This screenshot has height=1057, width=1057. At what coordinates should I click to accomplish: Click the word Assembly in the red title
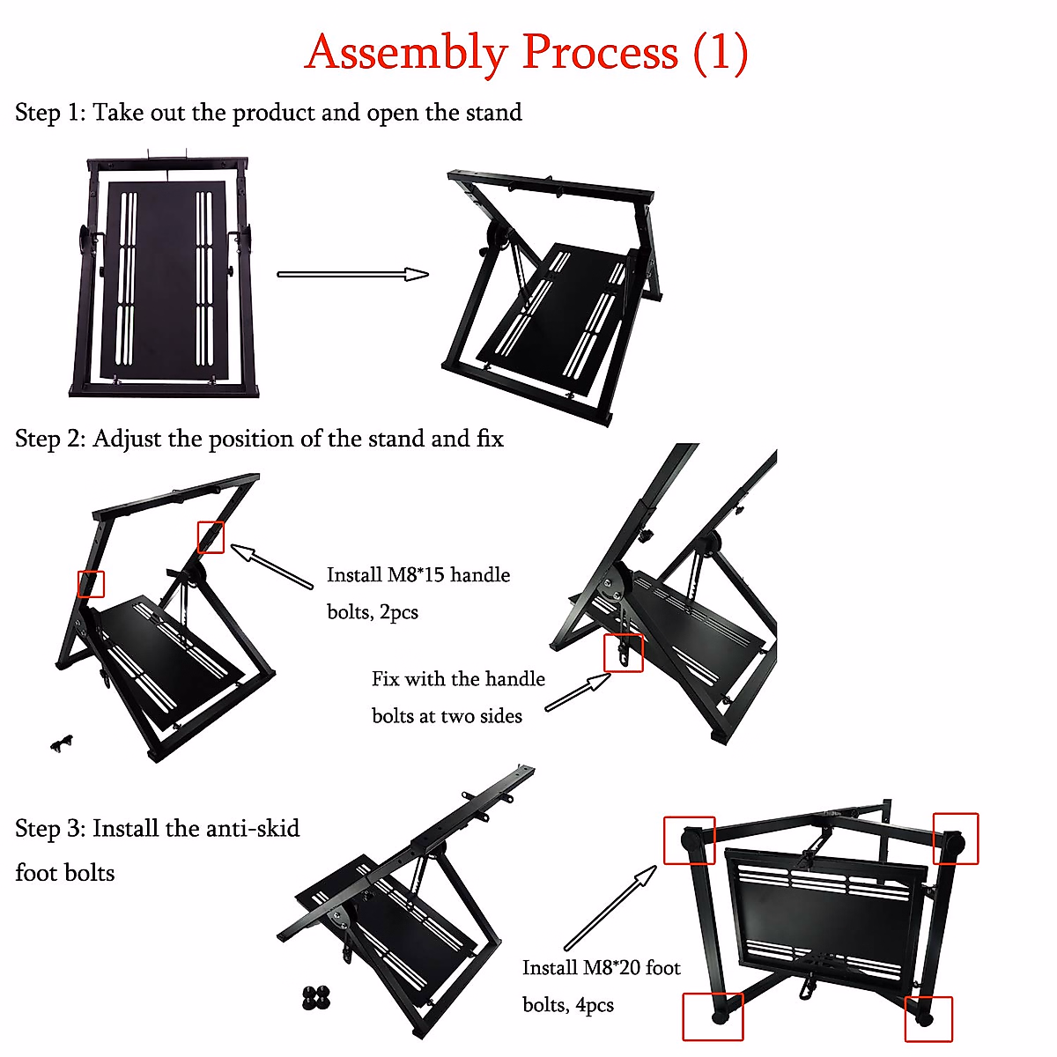click(405, 53)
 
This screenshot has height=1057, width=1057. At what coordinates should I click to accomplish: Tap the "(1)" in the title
click(721, 53)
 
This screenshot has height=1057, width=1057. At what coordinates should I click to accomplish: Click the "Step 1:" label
click(49, 113)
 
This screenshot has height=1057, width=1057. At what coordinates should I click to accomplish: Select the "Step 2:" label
click(49, 439)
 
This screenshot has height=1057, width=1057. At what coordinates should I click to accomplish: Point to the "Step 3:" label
click(49, 829)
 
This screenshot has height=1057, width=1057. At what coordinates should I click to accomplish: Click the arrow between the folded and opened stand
click(352, 274)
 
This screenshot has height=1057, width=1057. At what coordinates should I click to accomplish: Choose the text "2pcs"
click(399, 612)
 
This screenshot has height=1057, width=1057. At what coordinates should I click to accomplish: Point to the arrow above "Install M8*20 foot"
click(610, 907)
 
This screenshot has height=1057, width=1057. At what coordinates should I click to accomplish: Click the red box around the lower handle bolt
click(624, 653)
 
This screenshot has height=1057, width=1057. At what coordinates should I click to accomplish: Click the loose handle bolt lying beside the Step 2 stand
click(62, 743)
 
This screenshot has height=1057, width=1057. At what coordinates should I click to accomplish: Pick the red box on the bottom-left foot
click(713, 1016)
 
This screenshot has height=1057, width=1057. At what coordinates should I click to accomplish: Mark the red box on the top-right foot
click(956, 838)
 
